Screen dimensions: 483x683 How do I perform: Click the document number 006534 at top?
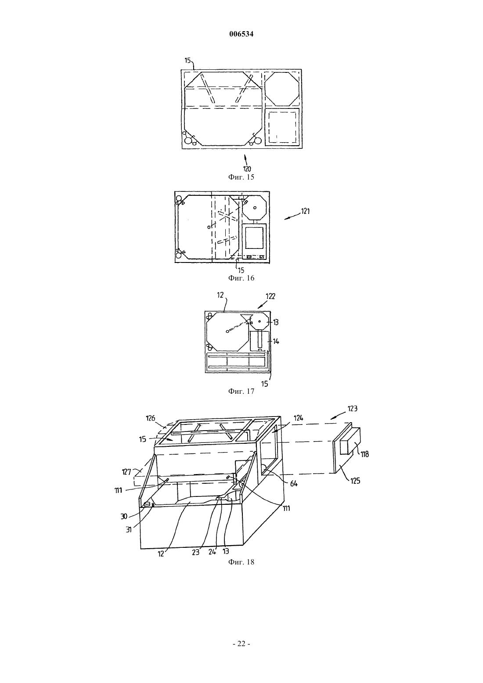(241, 34)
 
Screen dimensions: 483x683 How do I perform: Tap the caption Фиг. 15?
(241, 177)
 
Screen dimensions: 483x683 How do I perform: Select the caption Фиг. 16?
(241, 278)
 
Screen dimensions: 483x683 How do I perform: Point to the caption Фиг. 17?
(241, 391)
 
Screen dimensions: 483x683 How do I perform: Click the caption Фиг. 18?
(241, 562)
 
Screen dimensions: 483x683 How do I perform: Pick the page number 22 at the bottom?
(241, 643)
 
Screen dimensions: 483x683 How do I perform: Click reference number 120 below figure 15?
(247, 169)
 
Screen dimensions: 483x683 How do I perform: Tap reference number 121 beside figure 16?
(305, 211)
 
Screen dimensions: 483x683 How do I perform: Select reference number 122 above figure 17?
(270, 296)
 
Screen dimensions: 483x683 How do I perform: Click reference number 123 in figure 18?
(352, 409)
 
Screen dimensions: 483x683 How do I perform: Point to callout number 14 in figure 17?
(276, 341)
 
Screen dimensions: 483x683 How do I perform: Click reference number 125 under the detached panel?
(355, 481)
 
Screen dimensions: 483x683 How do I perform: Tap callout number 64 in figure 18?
(294, 483)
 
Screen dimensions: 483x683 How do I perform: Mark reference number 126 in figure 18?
(151, 418)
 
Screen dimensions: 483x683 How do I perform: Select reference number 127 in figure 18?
(126, 472)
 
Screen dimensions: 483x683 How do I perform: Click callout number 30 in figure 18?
(124, 516)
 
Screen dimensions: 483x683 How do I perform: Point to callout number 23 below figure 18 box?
(195, 552)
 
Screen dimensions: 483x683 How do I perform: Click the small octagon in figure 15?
(282, 89)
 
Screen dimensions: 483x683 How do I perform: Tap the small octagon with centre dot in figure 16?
(255, 208)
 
